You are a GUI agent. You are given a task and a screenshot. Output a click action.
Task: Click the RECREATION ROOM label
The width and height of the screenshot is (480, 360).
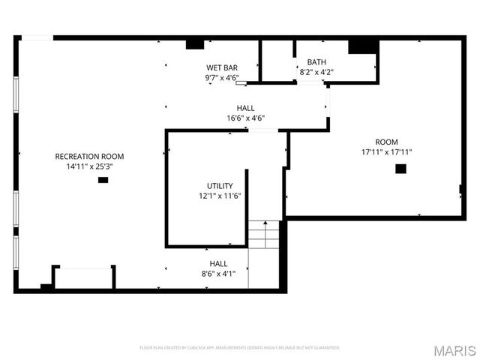[x=89, y=156]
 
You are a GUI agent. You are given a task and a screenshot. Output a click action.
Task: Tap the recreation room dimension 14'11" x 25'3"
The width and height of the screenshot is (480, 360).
[x=89, y=166]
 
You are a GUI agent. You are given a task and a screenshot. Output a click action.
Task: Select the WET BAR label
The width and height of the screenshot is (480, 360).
[x=222, y=67]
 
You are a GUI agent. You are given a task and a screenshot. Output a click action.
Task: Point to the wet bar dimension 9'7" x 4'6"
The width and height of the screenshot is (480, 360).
[x=222, y=77]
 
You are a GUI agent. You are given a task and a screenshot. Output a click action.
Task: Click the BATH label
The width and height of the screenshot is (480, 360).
[x=316, y=62]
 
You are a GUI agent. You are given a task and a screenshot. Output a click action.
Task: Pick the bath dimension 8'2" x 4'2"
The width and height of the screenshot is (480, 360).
[x=316, y=73]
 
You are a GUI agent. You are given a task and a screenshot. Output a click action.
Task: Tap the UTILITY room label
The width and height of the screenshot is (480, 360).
[x=220, y=186]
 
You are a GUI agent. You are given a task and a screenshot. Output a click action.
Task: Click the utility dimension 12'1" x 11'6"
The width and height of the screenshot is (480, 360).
[x=220, y=196]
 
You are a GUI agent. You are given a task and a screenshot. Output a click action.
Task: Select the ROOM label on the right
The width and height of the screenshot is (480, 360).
[x=387, y=142]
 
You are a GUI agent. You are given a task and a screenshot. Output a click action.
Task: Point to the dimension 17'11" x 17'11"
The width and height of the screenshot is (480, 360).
[x=387, y=152]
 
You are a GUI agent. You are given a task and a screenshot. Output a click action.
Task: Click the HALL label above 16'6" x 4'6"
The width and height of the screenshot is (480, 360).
[x=245, y=108]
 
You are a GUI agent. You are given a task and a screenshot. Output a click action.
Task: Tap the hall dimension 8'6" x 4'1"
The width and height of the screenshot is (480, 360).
[x=218, y=274]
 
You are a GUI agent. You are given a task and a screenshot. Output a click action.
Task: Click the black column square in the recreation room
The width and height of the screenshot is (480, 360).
[x=103, y=180]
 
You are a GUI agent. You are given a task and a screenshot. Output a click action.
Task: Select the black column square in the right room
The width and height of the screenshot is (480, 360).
[x=400, y=169]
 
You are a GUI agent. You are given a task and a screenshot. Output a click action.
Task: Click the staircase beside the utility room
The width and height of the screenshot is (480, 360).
[x=264, y=234]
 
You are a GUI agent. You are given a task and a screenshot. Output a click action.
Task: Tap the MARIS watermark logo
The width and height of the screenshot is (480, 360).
[x=458, y=350]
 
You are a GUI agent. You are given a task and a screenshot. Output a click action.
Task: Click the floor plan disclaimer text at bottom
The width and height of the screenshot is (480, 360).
[x=240, y=348]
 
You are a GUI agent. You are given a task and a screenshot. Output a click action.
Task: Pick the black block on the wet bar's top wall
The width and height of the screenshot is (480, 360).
[x=196, y=43]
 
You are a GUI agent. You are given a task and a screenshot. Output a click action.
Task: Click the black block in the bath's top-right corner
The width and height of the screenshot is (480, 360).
[x=363, y=46]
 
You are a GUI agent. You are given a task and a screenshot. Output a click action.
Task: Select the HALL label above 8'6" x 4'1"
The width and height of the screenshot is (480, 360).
[x=218, y=264]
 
